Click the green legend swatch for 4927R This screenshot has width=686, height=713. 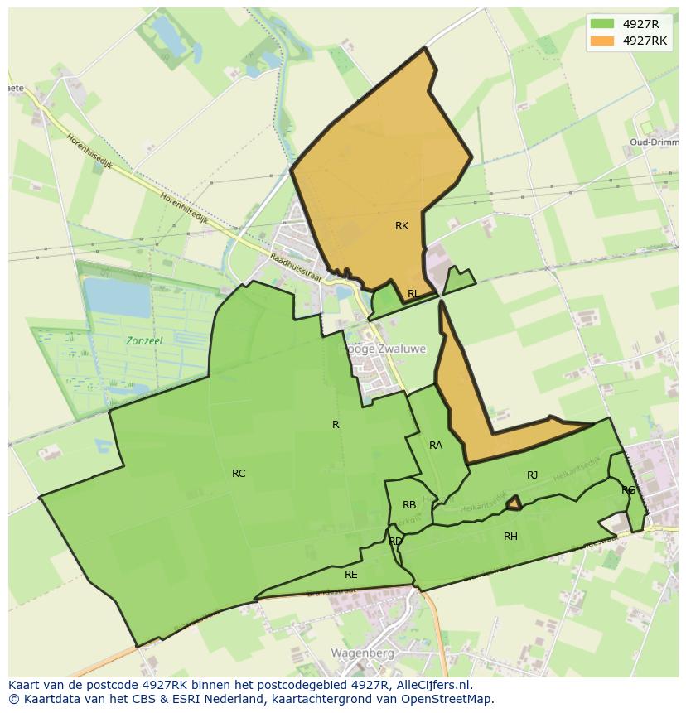[x=602, y=24]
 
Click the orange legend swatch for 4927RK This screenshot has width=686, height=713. [x=602, y=41]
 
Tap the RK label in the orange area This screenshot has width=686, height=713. [x=402, y=226]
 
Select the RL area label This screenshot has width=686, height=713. [x=413, y=294]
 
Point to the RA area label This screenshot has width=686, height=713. [x=436, y=446]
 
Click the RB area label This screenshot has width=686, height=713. [x=409, y=505]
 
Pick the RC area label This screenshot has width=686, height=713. [x=239, y=474]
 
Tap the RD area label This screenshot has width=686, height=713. [x=395, y=542]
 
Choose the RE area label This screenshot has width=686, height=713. [x=351, y=574]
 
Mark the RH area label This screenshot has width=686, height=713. [x=510, y=537]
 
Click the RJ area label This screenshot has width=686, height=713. [x=532, y=475]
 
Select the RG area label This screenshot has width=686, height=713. [x=628, y=490]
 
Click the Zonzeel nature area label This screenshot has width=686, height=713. [x=144, y=341]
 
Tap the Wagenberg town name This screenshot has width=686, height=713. [x=362, y=653]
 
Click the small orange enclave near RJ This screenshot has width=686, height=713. [x=514, y=503]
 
